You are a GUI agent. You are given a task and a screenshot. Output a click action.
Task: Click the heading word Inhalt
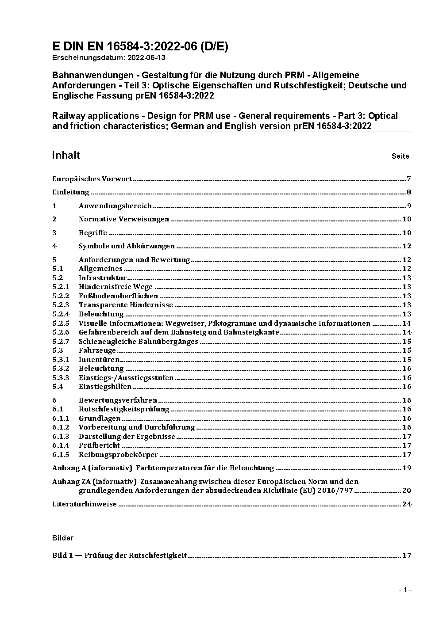tap(66, 155)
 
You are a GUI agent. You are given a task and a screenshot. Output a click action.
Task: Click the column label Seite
tap(400, 156)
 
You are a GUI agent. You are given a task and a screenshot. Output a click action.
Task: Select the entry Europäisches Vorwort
tap(92, 179)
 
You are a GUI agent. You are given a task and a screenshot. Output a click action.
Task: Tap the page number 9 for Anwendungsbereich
tap(409, 206)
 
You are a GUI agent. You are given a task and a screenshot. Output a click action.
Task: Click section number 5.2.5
tap(61, 323)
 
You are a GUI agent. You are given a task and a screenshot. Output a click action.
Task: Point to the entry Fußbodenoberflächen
tap(118, 296)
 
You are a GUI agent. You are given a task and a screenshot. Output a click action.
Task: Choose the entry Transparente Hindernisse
tap(126, 305)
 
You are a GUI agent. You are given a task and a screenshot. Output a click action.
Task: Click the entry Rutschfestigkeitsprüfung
tap(124, 409)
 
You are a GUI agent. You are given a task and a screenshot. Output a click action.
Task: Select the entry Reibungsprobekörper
tap(118, 455)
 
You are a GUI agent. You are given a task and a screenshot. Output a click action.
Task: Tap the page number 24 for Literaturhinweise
tap(407, 504)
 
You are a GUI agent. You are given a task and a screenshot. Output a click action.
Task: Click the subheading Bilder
tap(63, 538)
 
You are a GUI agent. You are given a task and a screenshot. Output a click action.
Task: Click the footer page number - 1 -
tap(405, 590)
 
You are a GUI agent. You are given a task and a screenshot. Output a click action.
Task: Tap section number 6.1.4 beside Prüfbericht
tap(61, 445)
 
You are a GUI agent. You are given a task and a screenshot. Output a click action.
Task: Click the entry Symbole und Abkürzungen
tap(127, 246)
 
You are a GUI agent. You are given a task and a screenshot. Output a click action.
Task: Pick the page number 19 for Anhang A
tap(407, 468)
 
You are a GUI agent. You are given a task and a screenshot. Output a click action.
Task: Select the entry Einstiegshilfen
tap(105, 387)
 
